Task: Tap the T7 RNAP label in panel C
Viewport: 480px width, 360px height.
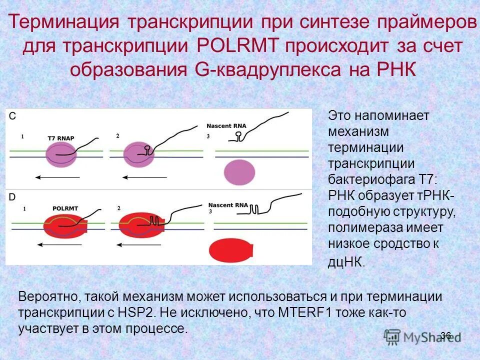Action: click(58, 137)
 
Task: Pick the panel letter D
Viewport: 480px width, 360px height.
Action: click(12, 197)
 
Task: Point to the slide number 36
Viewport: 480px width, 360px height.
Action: click(446, 335)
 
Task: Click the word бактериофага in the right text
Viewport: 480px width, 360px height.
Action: click(371, 180)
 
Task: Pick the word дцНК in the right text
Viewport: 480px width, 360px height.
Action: click(345, 261)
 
